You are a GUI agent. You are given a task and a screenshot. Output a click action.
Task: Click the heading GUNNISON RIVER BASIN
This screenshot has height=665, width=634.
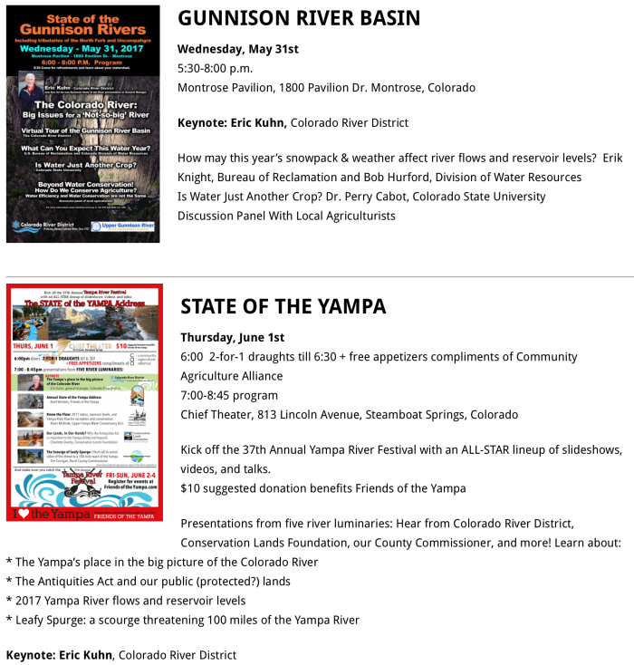[299, 19]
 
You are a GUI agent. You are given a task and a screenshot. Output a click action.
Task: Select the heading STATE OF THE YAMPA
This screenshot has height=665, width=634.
[283, 306]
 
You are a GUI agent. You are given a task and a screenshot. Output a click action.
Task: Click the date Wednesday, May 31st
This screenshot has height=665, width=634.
[237, 49]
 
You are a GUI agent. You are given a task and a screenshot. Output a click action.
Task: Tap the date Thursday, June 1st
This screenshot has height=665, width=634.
[232, 338]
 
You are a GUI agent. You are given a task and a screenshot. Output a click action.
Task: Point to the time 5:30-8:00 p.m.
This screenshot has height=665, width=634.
[215, 68]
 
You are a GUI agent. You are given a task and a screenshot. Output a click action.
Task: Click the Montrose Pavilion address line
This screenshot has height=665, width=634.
[326, 88]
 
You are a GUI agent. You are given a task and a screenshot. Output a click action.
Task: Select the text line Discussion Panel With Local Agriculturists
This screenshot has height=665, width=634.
[286, 216]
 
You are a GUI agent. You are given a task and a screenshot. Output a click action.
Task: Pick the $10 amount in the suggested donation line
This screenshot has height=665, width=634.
[189, 488]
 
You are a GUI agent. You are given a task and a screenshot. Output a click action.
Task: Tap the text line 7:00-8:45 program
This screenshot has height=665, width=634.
[229, 395]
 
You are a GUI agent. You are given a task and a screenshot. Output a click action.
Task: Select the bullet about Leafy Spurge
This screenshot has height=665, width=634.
[182, 620]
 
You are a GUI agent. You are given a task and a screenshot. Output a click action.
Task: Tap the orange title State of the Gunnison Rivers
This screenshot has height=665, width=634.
[82, 25]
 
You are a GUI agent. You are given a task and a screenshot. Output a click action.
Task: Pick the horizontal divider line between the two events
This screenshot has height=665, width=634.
[317, 276]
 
